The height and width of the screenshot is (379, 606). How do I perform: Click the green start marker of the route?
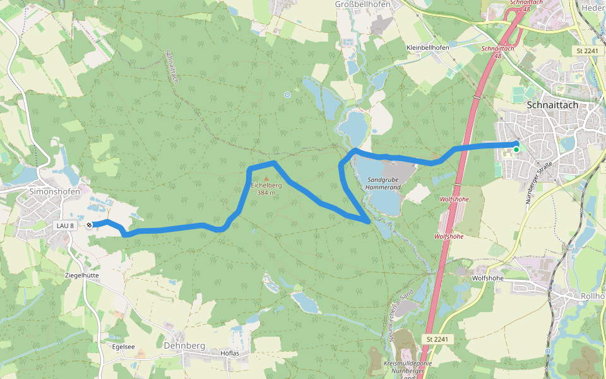click(x=516, y=150)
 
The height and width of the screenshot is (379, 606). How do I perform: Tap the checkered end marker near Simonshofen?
click(x=90, y=225)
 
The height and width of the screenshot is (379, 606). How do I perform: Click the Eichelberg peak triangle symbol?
click(x=266, y=179)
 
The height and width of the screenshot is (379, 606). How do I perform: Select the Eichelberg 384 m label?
click(x=266, y=189)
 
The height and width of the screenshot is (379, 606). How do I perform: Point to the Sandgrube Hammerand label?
click(x=384, y=184)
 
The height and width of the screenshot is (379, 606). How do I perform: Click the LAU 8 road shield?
click(x=65, y=226)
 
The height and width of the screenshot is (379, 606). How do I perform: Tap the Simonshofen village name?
click(x=54, y=191)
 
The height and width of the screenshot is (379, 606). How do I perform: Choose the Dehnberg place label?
click(x=184, y=346)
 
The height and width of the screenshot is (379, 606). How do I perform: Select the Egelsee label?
click(x=124, y=347)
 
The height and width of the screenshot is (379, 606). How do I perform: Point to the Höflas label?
click(x=230, y=352)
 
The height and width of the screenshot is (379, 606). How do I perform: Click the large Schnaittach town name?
click(x=552, y=105)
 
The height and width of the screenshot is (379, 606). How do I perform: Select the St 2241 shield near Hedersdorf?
click(x=586, y=51)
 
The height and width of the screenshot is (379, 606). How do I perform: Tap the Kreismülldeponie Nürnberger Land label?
click(x=408, y=370)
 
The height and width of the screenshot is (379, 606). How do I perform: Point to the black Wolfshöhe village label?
click(x=487, y=278)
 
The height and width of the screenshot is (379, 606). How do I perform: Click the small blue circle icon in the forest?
click(x=287, y=95)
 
